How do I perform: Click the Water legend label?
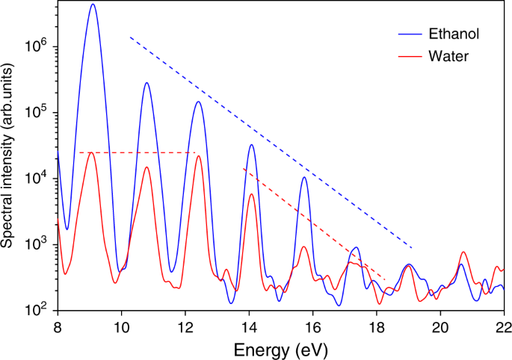448,56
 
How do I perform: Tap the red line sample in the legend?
410,56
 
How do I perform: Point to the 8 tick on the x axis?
57,326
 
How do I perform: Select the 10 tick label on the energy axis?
120,326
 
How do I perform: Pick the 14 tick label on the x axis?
249,326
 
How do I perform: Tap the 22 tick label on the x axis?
503,326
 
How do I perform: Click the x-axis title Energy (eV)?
280,348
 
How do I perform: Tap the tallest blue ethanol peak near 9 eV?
93,4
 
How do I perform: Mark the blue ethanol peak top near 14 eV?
252,145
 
